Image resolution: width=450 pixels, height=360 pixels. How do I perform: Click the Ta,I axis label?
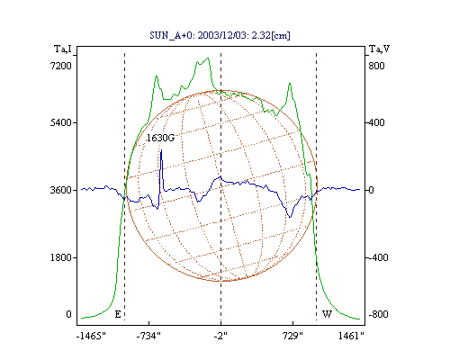pyautogui.click(x=63, y=49)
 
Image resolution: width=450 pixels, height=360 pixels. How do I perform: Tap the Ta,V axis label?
pyautogui.click(x=379, y=49)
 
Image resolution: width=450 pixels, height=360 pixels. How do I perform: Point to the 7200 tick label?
pyautogui.click(x=61, y=66)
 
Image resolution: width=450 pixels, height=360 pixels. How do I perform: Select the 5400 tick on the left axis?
pyautogui.click(x=61, y=122)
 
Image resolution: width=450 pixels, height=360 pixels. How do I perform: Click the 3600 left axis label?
pyautogui.click(x=61, y=190)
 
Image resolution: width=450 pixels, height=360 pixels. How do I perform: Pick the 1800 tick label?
pyautogui.click(x=61, y=257)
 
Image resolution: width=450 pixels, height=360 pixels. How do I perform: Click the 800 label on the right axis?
pyautogui.click(x=376, y=66)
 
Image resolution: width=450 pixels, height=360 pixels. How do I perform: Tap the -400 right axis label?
pyautogui.click(x=378, y=257)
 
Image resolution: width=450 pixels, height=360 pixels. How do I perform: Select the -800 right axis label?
pyautogui.click(x=378, y=314)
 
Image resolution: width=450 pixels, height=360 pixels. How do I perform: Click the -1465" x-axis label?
pyautogui.click(x=91, y=336)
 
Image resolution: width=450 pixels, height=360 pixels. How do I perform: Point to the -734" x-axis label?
pyautogui.click(x=148, y=336)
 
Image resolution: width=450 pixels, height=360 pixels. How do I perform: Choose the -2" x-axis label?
pyautogui.click(x=220, y=336)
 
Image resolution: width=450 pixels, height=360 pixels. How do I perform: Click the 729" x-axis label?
pyautogui.click(x=292, y=336)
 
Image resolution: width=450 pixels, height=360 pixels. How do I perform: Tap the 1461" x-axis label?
pyautogui.click(x=351, y=336)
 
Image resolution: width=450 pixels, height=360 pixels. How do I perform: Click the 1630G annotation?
pyautogui.click(x=160, y=138)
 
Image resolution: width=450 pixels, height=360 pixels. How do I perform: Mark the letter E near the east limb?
pyautogui.click(x=118, y=314)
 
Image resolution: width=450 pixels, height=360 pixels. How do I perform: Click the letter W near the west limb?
pyautogui.click(x=327, y=314)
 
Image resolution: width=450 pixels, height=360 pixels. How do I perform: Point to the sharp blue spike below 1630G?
pyautogui.click(x=161, y=150)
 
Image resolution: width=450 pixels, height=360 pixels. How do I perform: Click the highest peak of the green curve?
pyautogui.click(x=208, y=58)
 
